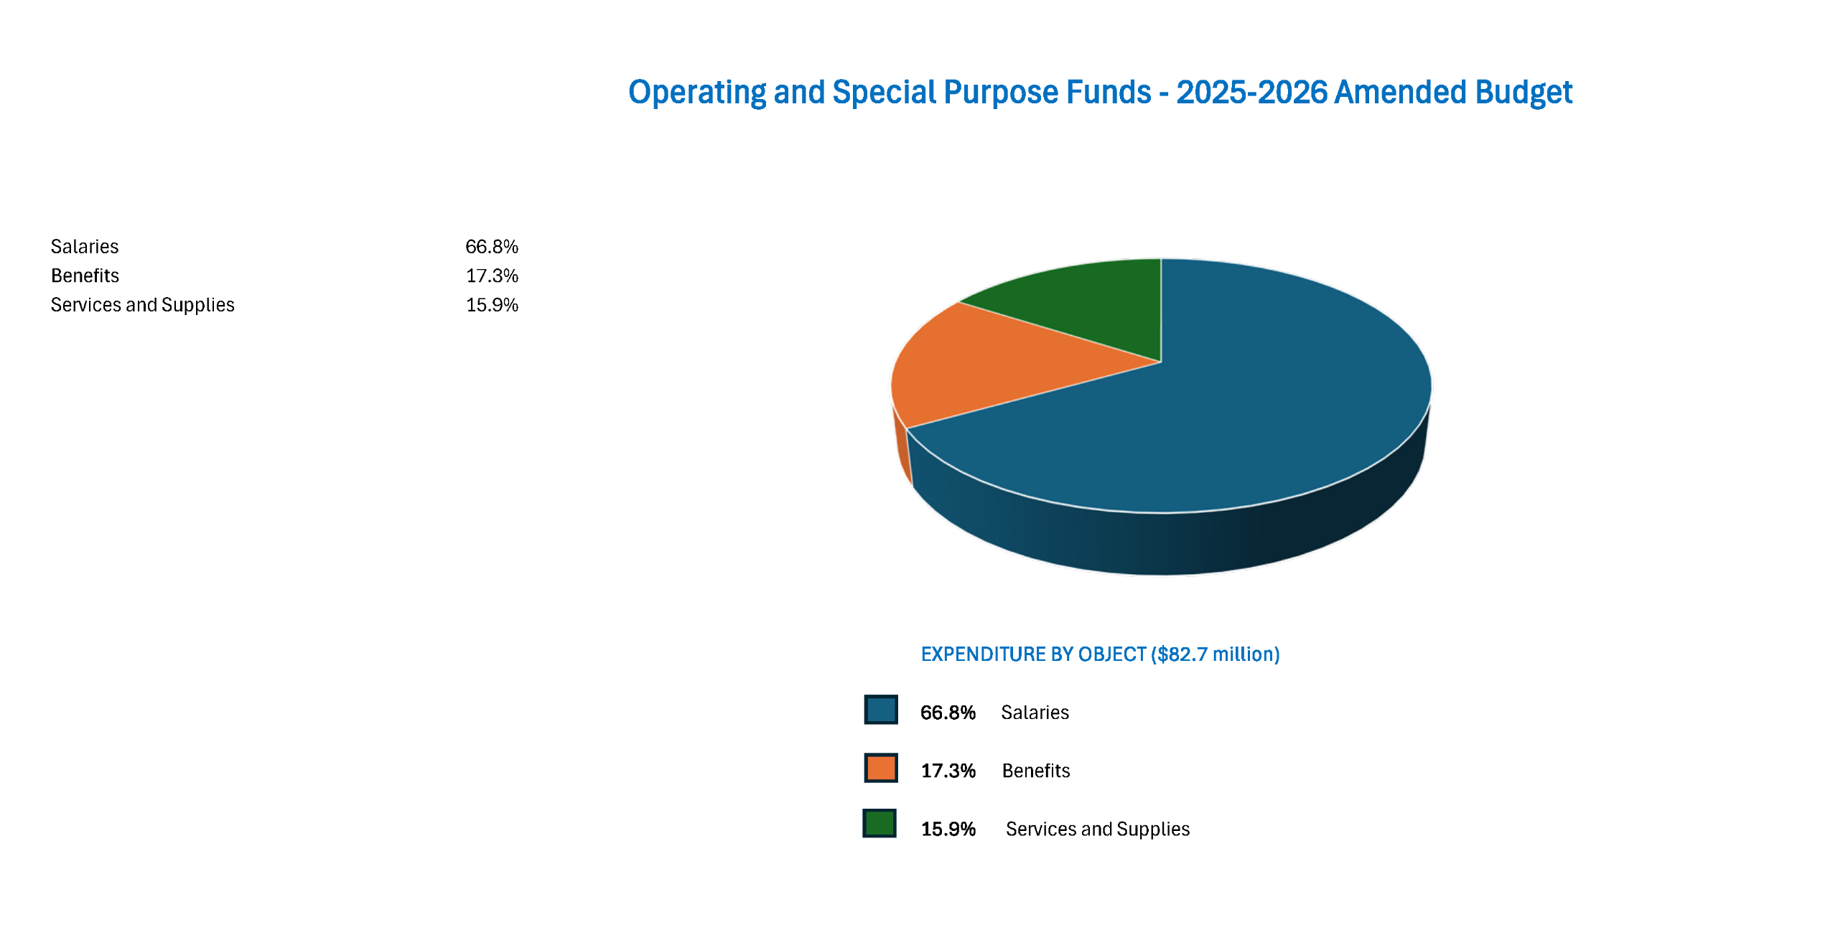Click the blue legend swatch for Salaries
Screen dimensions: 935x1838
tap(881, 710)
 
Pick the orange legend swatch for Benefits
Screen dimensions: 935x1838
tap(881, 768)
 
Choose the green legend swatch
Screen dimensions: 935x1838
tap(880, 824)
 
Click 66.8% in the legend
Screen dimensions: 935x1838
tap(948, 713)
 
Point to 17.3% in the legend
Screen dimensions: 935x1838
tap(948, 771)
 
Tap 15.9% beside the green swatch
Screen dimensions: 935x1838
tap(948, 829)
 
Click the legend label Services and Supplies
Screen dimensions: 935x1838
tap(1097, 829)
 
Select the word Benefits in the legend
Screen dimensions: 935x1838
tap(1036, 771)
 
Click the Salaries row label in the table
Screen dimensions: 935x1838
tap(85, 246)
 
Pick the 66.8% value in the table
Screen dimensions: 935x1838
tap(492, 246)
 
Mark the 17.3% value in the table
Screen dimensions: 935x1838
tap(492, 276)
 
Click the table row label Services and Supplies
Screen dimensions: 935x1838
tap(142, 305)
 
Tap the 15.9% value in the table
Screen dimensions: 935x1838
tap(492, 305)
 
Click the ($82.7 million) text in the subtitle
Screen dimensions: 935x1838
tap(1215, 654)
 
